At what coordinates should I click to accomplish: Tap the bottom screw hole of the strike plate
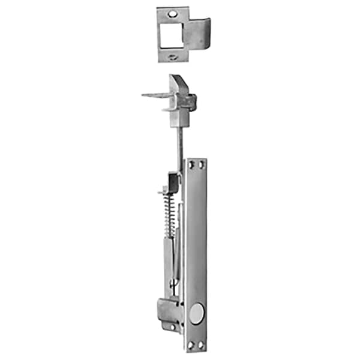tap(172, 57)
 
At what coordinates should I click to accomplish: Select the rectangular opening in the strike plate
tap(170, 34)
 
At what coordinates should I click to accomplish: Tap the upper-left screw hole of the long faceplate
tap(191, 163)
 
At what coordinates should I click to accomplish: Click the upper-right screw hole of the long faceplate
tap(201, 163)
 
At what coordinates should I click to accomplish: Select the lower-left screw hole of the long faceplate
tap(191, 345)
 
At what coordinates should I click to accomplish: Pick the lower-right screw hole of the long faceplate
tap(201, 345)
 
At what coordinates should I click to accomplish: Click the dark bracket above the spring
tap(173, 180)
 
